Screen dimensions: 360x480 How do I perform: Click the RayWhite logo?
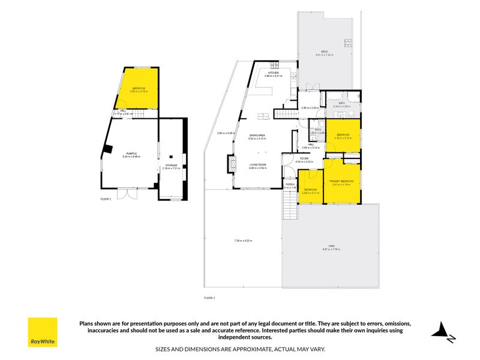pos(43,332)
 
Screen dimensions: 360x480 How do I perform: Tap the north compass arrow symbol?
pos(443,331)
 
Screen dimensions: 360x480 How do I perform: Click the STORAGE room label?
pos(171,165)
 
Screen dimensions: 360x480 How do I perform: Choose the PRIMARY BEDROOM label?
pos(342,181)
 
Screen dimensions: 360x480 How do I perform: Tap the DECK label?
pos(323,52)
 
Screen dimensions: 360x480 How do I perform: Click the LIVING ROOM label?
pos(258,165)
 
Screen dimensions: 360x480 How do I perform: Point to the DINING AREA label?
pos(258,136)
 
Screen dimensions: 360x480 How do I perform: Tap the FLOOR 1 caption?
pos(106,198)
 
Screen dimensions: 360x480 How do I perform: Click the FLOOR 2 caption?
pos(209,298)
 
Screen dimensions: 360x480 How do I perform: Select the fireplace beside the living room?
pos(230,164)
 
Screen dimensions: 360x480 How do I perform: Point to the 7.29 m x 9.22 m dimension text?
pos(243,241)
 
